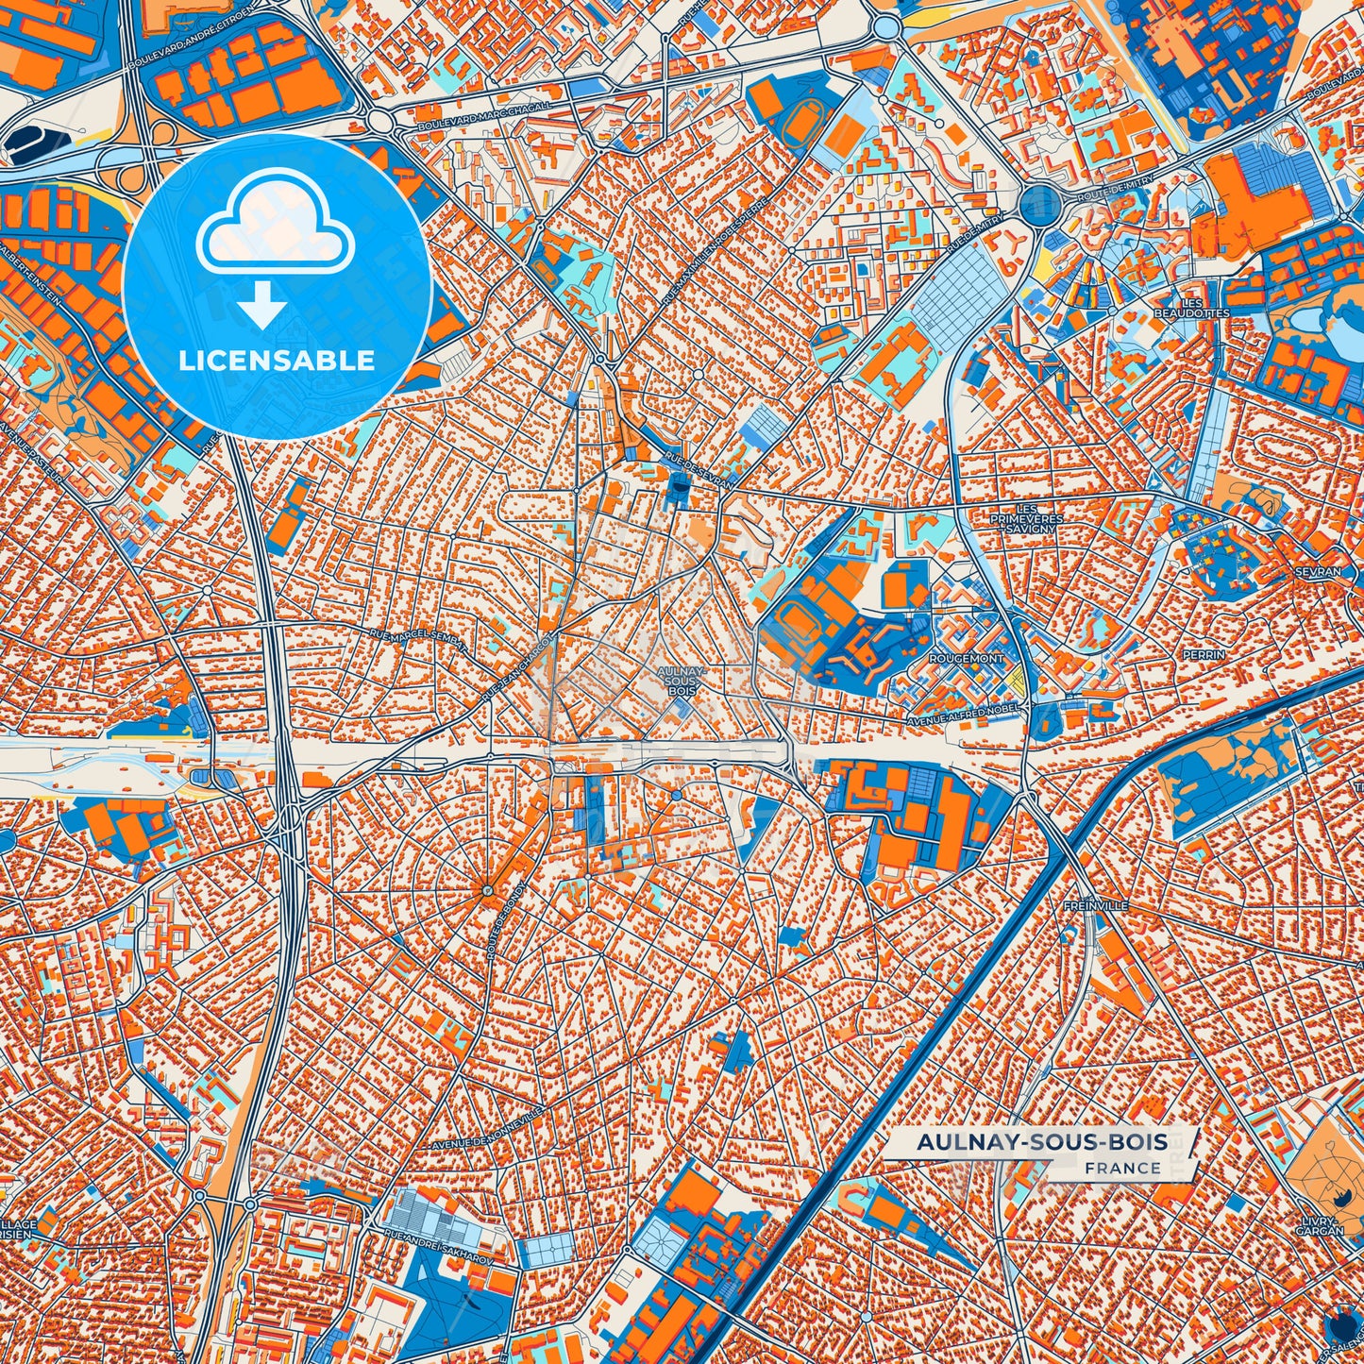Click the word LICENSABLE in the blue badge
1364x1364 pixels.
click(x=277, y=361)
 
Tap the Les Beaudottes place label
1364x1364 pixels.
click(x=1191, y=307)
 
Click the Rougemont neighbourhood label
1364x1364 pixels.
click(x=967, y=658)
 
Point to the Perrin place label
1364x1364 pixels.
click(x=1204, y=654)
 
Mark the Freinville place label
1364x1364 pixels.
click(x=1094, y=905)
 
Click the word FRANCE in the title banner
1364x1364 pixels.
click(x=1122, y=1168)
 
